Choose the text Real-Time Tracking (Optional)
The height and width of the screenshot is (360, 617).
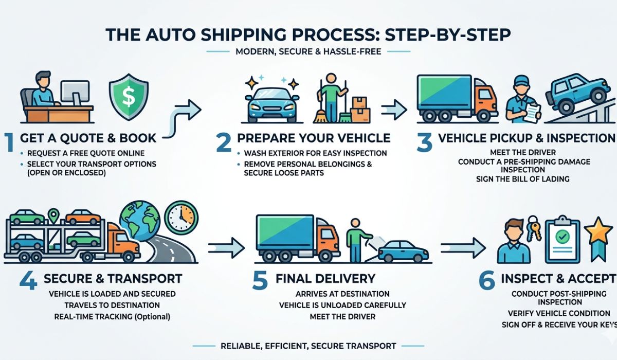(x=112, y=316)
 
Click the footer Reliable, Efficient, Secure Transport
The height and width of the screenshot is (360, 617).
(x=308, y=346)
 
